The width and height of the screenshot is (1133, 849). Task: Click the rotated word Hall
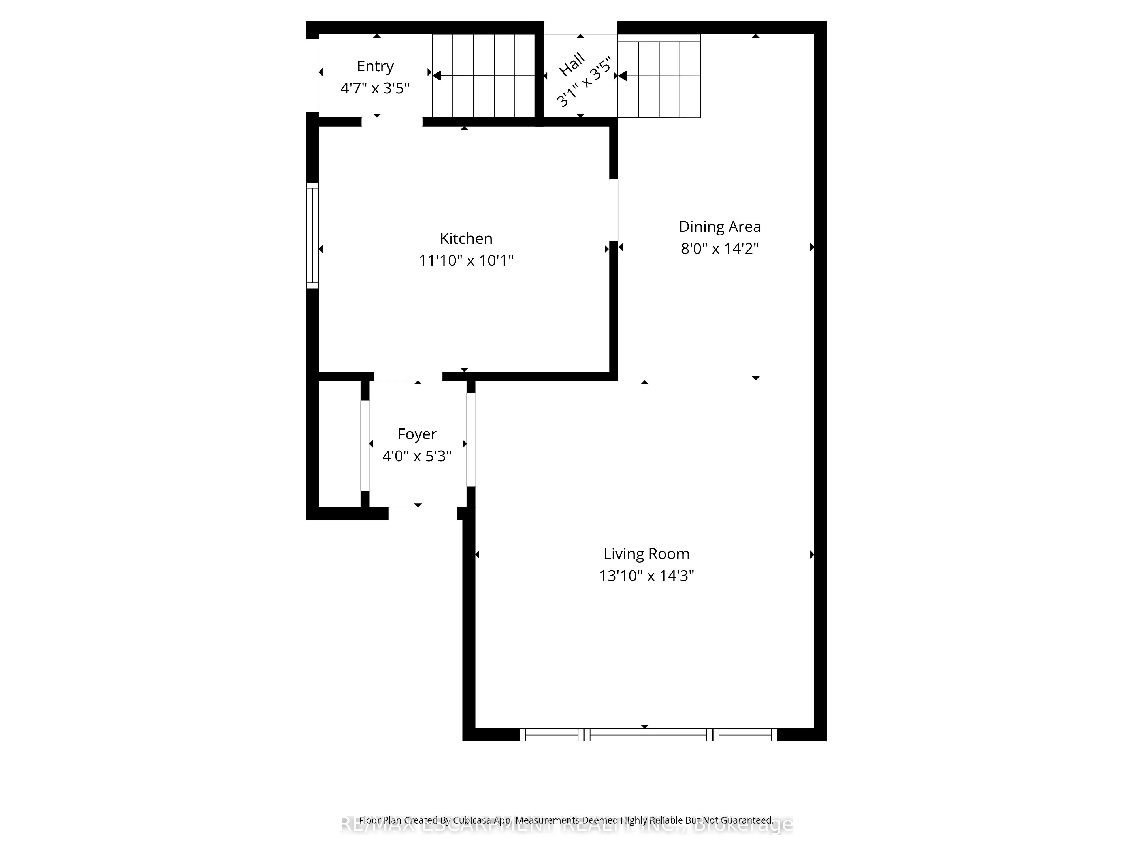click(572, 65)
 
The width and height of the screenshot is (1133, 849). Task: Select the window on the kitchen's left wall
click(312, 235)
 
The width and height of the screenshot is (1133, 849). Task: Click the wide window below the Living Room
click(648, 735)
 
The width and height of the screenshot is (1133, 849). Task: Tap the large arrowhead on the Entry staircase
click(436, 76)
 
